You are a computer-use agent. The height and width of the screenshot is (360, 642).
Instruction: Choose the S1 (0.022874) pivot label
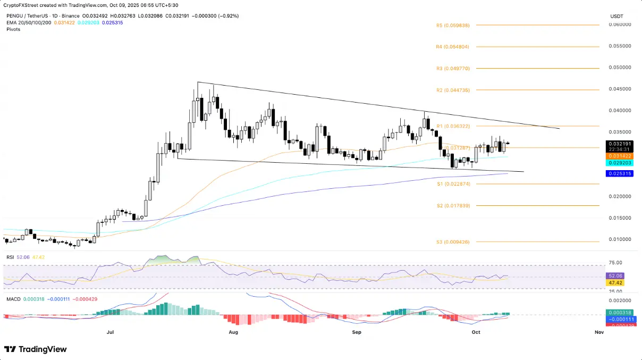pyautogui.click(x=453, y=184)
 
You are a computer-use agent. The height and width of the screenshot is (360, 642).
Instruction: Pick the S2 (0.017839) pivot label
pyautogui.click(x=453, y=206)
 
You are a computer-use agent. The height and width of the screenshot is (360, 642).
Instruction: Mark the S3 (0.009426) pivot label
pyautogui.click(x=453, y=242)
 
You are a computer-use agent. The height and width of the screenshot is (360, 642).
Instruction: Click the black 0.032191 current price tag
pyautogui.click(x=619, y=144)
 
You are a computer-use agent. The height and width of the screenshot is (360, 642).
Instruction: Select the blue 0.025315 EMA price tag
pyautogui.click(x=619, y=173)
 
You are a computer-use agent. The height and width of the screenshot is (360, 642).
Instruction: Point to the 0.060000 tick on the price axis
pyautogui.click(x=620, y=24)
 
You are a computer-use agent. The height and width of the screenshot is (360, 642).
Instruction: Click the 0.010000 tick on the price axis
pyautogui.click(x=620, y=239)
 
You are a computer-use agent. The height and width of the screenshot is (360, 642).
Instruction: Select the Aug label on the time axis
pyautogui.click(x=233, y=332)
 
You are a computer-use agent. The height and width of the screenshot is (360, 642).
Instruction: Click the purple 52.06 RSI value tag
pyautogui.click(x=615, y=276)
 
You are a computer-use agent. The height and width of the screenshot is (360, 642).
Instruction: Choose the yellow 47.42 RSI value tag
pyautogui.click(x=615, y=283)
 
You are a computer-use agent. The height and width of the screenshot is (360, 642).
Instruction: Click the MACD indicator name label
pyautogui.click(x=14, y=299)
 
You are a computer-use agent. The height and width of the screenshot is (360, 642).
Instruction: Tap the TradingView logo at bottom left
pyautogui.click(x=36, y=349)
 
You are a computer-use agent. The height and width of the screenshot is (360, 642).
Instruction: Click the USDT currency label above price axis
pyautogui.click(x=616, y=16)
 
